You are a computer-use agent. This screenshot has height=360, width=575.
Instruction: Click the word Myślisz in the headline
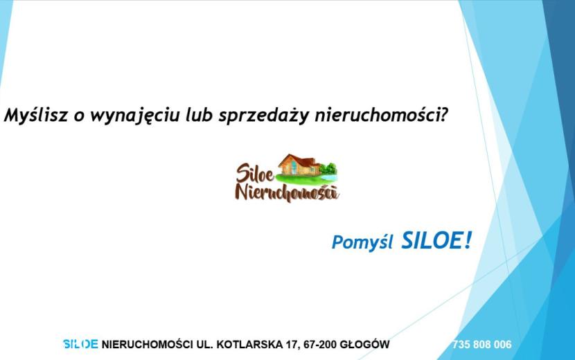(36, 115)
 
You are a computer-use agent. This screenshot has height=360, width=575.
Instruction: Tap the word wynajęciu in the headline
(135, 116)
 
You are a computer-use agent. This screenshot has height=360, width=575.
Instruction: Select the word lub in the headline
(199, 114)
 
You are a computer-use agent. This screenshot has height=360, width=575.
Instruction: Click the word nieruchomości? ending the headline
(382, 115)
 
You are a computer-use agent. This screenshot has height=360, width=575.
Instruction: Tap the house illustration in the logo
(298, 165)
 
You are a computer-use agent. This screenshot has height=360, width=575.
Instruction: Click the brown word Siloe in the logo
(255, 173)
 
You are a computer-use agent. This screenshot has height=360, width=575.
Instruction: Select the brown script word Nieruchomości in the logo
(287, 192)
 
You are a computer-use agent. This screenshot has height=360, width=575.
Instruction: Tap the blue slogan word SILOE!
(436, 241)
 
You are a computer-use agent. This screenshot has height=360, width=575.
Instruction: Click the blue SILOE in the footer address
(80, 344)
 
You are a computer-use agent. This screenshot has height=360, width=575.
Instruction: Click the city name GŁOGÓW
(364, 344)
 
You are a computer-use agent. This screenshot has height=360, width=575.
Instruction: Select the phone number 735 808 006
(482, 345)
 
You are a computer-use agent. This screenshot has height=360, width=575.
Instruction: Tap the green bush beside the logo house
(328, 169)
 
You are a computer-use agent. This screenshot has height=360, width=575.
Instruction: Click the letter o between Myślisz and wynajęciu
(79, 116)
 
